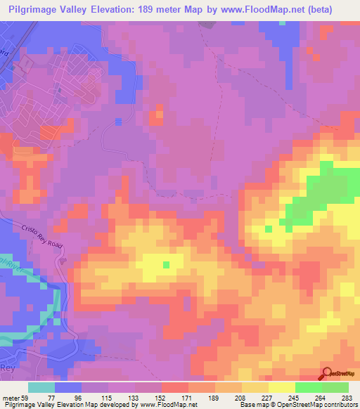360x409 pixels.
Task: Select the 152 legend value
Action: pyautogui.click(x=161, y=397)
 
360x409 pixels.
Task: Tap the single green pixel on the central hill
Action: pyautogui.click(x=166, y=265)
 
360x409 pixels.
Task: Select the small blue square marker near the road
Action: pyautogui.click(x=118, y=121)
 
